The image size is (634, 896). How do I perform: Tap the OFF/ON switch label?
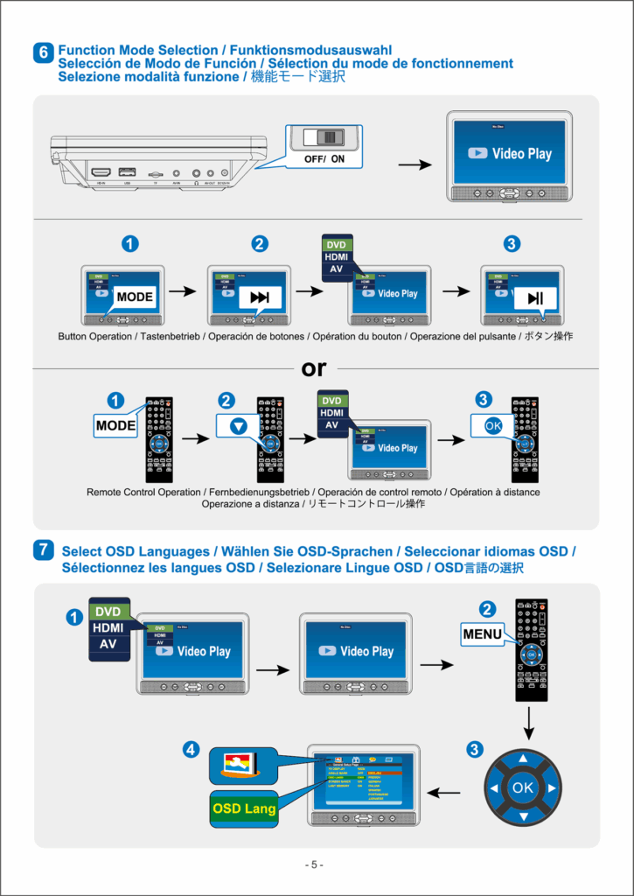pos(324,159)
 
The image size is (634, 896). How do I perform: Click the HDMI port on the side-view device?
pos(101,172)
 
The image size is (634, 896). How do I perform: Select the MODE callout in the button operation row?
pos(134,297)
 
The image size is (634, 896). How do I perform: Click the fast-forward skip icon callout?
pos(260,297)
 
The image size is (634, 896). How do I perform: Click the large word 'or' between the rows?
pos(314,368)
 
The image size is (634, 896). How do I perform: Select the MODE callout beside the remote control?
pos(116,426)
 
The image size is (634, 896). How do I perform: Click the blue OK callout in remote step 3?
pos(492,425)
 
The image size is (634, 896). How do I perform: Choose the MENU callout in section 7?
pos(483,633)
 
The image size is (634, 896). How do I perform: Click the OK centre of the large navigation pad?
pos(522,787)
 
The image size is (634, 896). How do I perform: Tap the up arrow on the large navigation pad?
pos(523,759)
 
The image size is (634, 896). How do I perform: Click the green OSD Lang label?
pos(244,808)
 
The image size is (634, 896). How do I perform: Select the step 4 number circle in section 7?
pos(191,749)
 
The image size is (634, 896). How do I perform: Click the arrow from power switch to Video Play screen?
pos(416,164)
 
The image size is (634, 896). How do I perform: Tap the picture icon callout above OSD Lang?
pos(240,766)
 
